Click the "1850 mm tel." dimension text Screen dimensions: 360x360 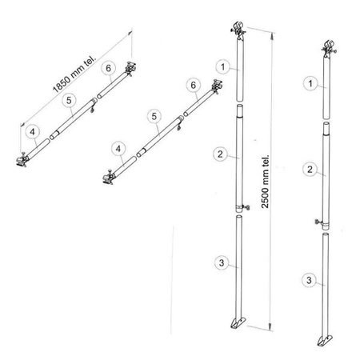click(74, 74)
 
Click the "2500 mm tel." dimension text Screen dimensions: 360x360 click(266, 182)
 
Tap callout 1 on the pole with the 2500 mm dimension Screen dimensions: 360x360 click(223, 67)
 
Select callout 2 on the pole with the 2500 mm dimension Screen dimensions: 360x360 click(220, 154)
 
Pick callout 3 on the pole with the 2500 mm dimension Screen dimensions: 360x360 click(222, 263)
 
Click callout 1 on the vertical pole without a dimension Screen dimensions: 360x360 click(310, 83)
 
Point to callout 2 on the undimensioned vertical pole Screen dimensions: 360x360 click(310, 169)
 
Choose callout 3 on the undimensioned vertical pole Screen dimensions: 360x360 click(309, 280)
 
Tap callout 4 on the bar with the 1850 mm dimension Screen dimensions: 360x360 click(33, 132)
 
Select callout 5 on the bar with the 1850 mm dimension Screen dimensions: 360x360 click(69, 100)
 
